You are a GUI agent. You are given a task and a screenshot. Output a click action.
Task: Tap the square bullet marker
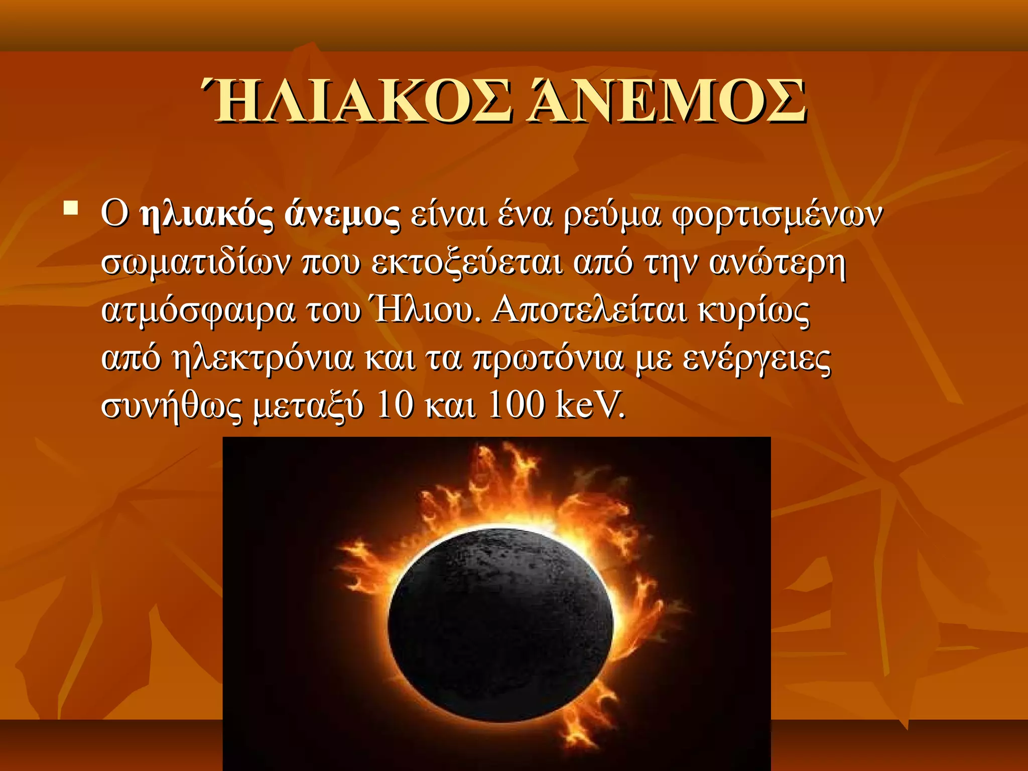point(71,207)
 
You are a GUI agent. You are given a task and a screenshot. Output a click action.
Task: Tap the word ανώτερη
point(778,264)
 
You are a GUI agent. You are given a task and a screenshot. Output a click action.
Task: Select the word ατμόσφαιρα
point(198,311)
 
